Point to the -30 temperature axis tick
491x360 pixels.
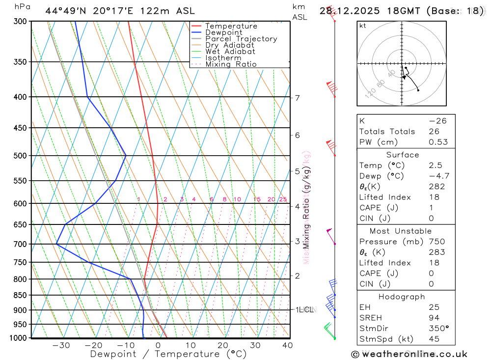(61, 345)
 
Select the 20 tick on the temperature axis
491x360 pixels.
(223, 345)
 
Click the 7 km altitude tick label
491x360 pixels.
(297, 98)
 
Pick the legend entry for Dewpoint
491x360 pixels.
(223, 32)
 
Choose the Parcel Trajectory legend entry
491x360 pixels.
(241, 39)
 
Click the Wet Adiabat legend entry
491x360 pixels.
(230, 52)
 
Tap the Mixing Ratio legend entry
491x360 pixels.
(231, 64)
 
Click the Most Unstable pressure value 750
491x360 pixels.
(436, 242)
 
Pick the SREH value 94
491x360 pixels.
(434, 318)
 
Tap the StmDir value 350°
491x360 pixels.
(438, 329)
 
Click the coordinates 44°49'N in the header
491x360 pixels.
(63, 11)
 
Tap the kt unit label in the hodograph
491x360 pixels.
(363, 26)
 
